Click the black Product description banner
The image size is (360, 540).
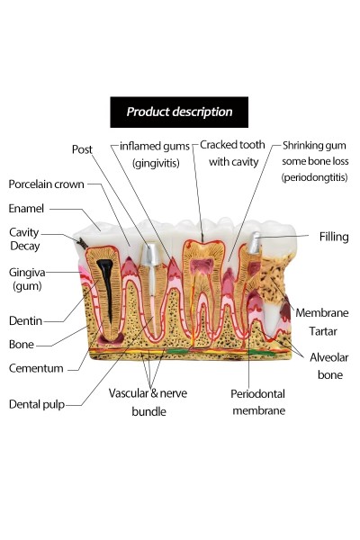[x=179, y=112]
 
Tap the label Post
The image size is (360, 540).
[x=82, y=149]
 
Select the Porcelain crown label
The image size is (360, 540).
[x=46, y=184]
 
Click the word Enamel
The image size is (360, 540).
[x=26, y=209]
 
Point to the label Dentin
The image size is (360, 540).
[x=25, y=320]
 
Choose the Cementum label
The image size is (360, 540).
[x=36, y=368]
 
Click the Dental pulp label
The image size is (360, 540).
[x=37, y=404]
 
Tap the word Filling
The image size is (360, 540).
[x=334, y=237]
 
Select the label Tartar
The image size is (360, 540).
[x=323, y=331]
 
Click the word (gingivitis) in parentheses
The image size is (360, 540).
[x=156, y=163]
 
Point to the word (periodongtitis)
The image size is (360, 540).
[x=314, y=177]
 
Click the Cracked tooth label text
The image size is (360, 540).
[x=232, y=145]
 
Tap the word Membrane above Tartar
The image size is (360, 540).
[x=322, y=312]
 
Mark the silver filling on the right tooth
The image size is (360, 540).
[x=254, y=242]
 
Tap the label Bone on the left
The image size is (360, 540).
[x=22, y=345]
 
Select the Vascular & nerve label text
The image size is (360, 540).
[x=148, y=393]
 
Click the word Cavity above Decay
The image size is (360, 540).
[x=23, y=232]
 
